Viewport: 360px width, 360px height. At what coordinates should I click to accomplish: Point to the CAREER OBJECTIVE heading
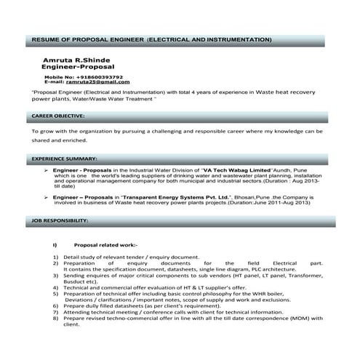tap(59, 116)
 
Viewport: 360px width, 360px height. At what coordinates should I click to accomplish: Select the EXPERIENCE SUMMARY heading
tap(64, 158)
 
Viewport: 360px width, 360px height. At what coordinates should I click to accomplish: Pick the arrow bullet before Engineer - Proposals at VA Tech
tap(47, 169)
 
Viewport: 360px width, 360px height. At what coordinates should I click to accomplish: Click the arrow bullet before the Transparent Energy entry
tap(47, 197)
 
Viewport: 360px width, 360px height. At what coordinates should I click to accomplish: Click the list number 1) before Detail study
tap(56, 257)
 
